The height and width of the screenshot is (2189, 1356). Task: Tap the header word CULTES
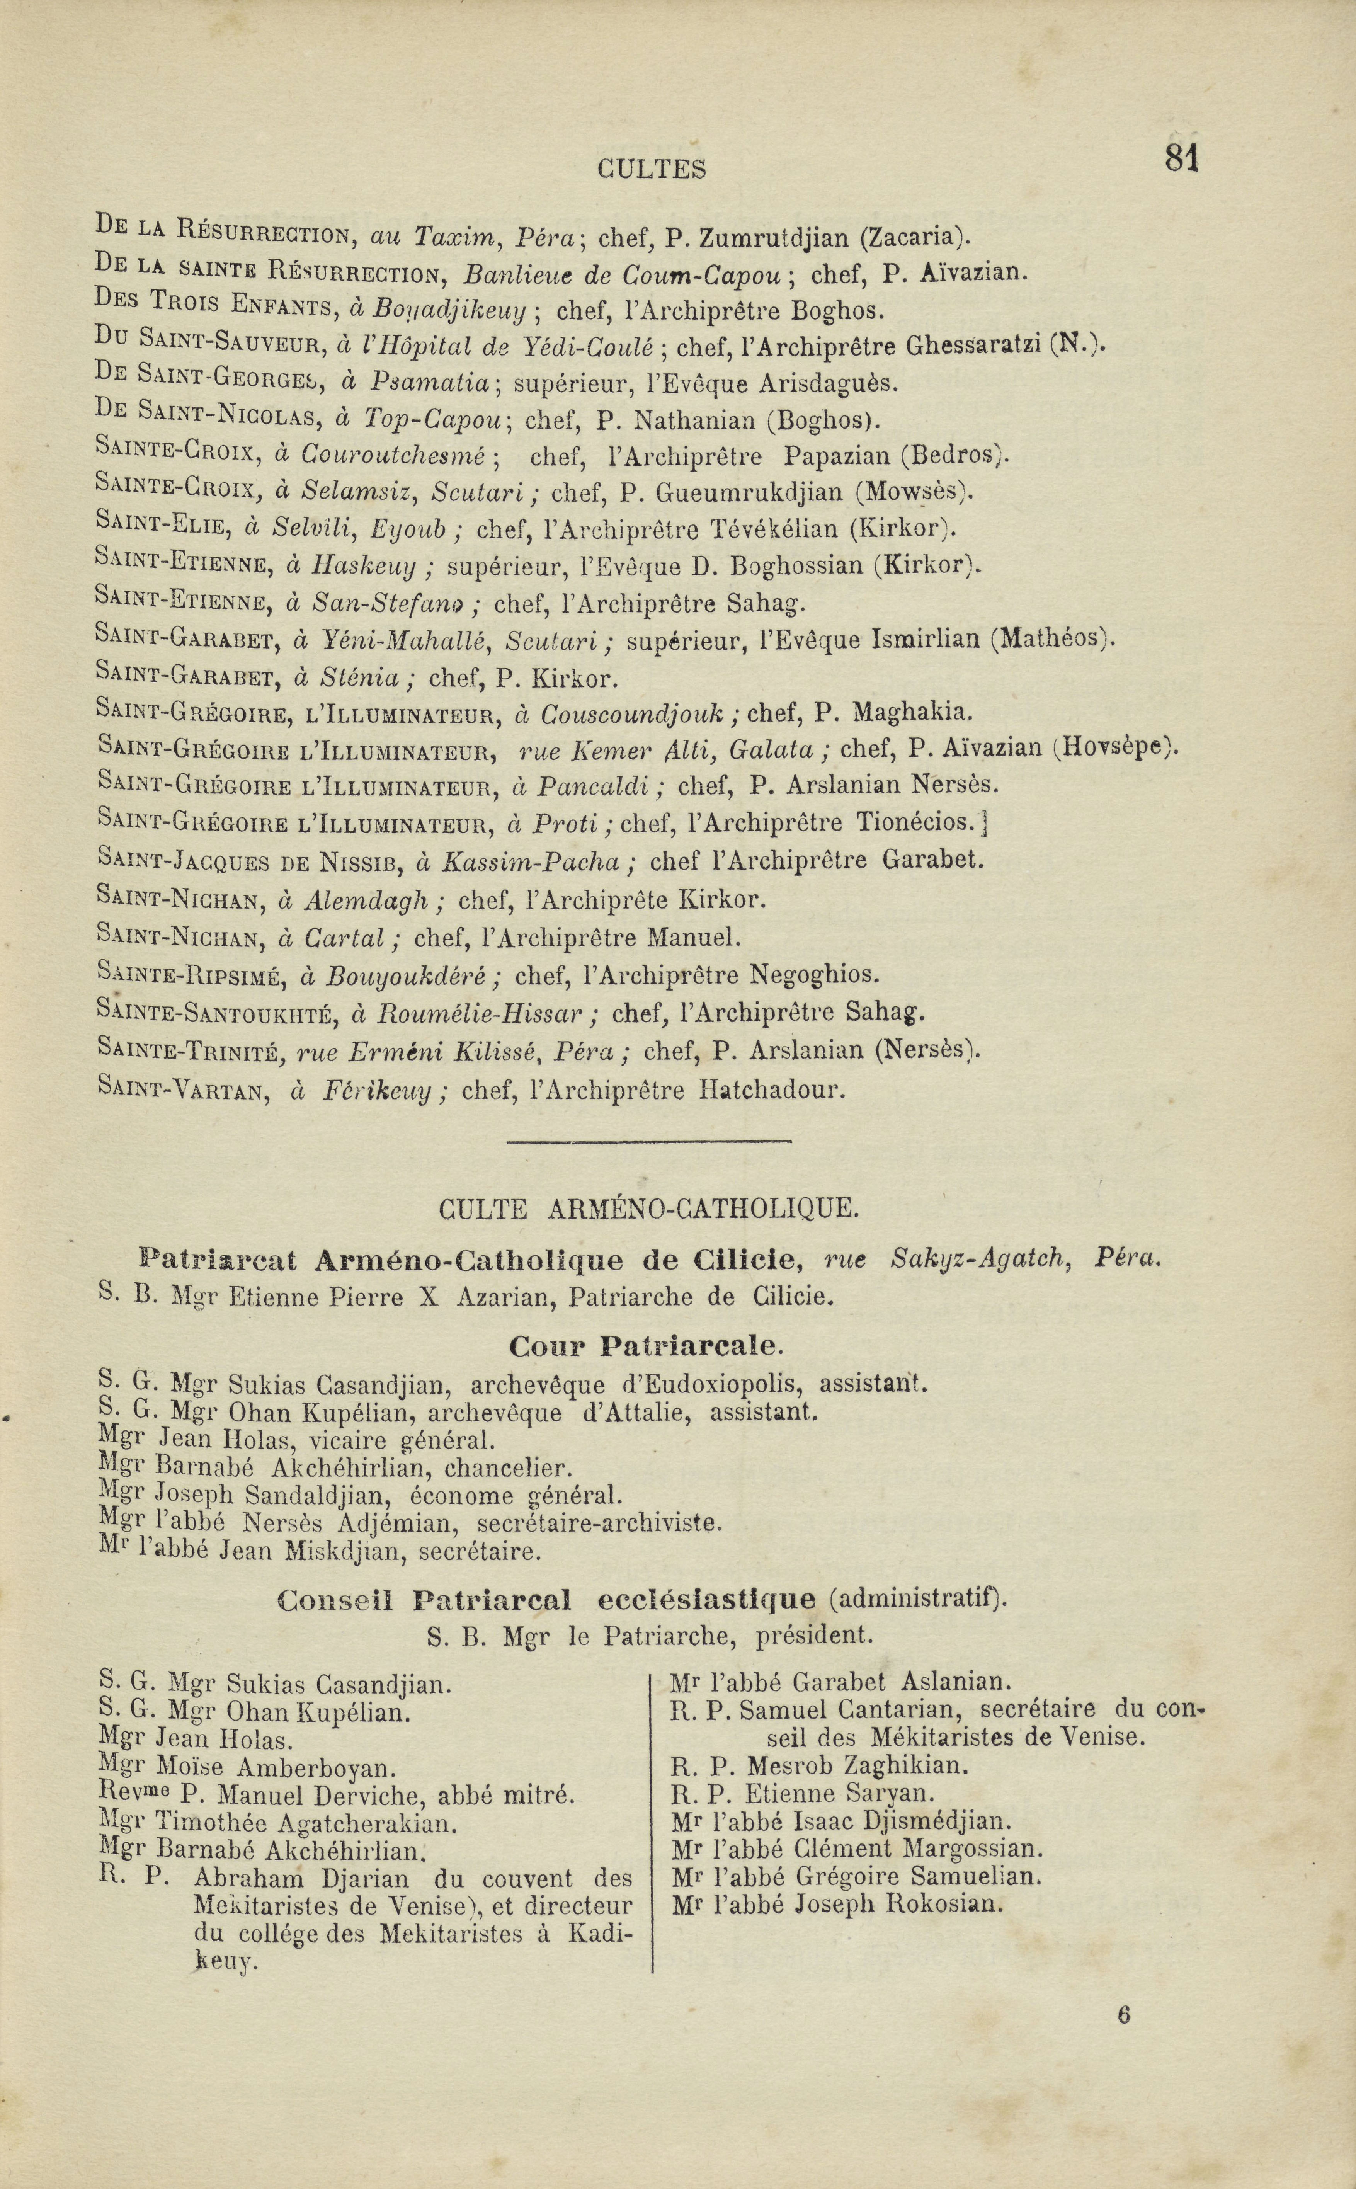pos(652,169)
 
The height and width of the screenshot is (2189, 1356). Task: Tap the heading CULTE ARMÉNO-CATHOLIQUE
pos(649,1210)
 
